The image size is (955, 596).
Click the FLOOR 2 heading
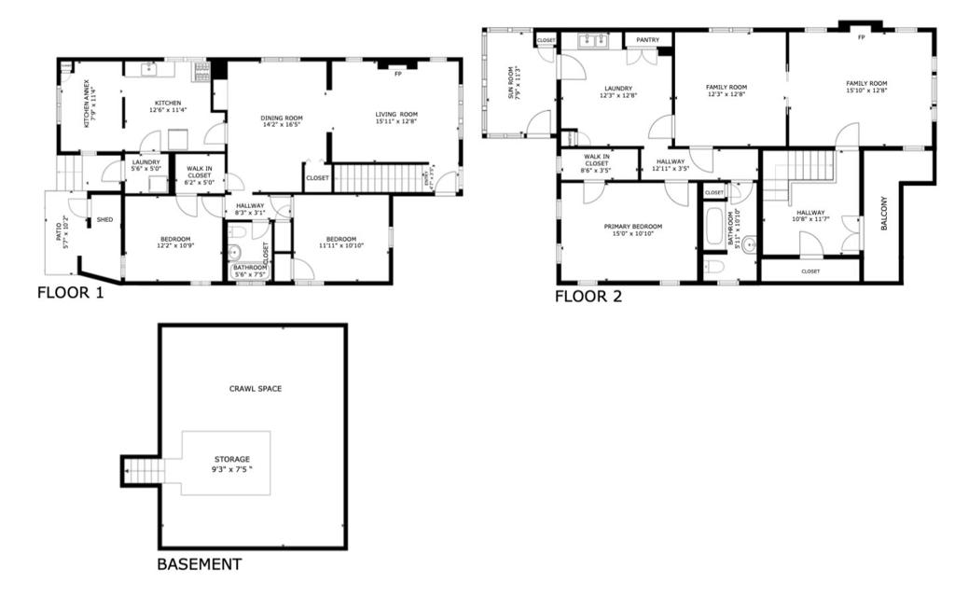(x=588, y=298)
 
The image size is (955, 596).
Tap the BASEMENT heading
(x=199, y=564)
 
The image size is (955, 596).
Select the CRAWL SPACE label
(x=256, y=388)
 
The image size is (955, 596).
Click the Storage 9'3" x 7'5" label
(x=231, y=464)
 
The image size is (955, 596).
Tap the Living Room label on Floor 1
(x=396, y=118)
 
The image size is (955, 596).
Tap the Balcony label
(x=882, y=216)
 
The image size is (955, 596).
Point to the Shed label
(x=105, y=220)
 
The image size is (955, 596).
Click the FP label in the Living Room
(x=398, y=74)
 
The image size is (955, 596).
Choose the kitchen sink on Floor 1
(x=152, y=69)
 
